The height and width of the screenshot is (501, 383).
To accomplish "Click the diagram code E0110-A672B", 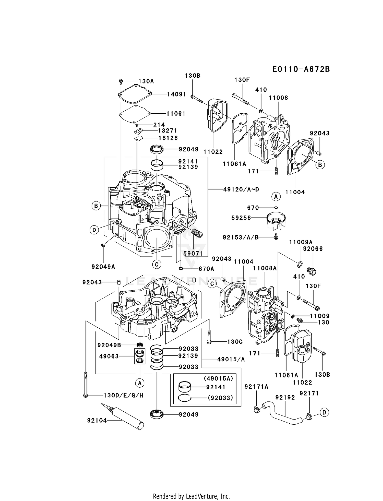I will click(x=301, y=69).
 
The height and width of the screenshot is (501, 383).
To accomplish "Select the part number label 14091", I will click(x=177, y=94).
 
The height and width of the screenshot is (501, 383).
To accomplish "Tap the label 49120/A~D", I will click(x=241, y=189).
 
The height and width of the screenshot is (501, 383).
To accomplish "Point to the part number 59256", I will click(x=241, y=218).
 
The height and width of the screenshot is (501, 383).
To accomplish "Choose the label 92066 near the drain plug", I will click(x=313, y=249).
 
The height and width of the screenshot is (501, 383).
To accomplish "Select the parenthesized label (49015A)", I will click(x=218, y=378).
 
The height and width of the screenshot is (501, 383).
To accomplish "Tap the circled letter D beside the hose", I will click(x=324, y=412).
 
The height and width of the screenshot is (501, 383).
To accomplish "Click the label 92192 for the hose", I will click(x=285, y=398).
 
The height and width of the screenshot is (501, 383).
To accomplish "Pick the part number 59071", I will click(x=193, y=254).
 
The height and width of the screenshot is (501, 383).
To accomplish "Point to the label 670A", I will click(x=206, y=269).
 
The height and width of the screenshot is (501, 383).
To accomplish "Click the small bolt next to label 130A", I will click(x=121, y=81).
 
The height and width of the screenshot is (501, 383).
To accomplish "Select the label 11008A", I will click(x=265, y=268).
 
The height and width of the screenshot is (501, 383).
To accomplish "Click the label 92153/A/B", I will click(x=241, y=237).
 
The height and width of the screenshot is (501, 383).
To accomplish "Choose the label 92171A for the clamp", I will click(x=256, y=387).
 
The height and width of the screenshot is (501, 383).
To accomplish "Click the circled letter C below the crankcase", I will click(x=157, y=264).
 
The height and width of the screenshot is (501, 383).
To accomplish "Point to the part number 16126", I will click(x=168, y=138).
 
